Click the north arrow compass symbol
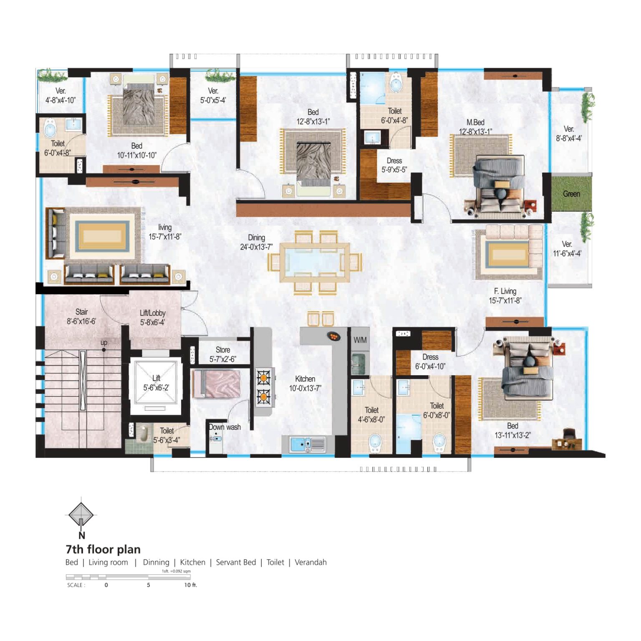pyautogui.click(x=81, y=515)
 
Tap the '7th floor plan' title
pyautogui.click(x=103, y=549)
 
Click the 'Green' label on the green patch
pyautogui.click(x=571, y=194)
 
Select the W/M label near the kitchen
pyautogui.click(x=360, y=340)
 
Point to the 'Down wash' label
pyautogui.click(x=225, y=427)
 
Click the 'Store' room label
pyautogui.click(x=223, y=350)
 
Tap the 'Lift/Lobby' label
pyautogui.click(x=153, y=313)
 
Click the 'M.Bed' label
pyautogui.click(x=475, y=122)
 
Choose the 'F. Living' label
pyautogui.click(x=505, y=291)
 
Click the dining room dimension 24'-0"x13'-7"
pyautogui.click(x=256, y=247)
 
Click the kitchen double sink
pyautogui.click(x=308, y=444)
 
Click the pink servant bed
pyautogui.click(x=217, y=384)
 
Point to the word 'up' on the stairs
pyautogui.click(x=104, y=343)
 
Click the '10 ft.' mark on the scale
pyautogui.click(x=190, y=585)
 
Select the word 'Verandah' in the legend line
pyautogui.click(x=310, y=562)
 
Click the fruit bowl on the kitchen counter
pyautogui.click(x=333, y=336)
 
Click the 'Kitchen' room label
pyautogui.click(x=305, y=379)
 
